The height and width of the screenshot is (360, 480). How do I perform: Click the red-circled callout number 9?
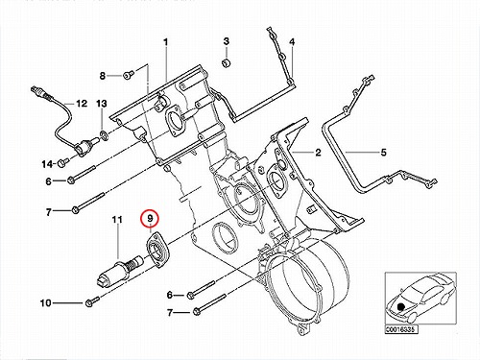[151, 219]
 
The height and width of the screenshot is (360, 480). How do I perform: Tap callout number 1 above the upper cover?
[165, 42]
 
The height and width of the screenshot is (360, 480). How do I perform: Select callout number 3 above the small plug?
[227, 41]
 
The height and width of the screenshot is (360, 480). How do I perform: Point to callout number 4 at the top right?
[292, 42]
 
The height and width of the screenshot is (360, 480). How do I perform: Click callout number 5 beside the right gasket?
[384, 153]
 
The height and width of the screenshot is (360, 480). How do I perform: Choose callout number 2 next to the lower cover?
[318, 153]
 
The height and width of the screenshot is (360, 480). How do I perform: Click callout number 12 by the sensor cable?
[82, 104]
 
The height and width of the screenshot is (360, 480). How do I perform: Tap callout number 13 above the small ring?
[102, 104]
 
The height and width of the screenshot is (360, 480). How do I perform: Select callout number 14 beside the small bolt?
[47, 164]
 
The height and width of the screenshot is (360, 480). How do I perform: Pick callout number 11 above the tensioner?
[117, 220]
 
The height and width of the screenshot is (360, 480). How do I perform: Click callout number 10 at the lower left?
[46, 302]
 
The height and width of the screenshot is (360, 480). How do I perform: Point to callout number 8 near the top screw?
[103, 76]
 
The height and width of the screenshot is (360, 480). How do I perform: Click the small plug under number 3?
[227, 63]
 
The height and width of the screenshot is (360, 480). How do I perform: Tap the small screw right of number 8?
[129, 75]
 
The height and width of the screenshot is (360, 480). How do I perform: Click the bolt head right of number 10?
[89, 302]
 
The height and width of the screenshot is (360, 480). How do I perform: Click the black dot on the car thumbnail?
[400, 306]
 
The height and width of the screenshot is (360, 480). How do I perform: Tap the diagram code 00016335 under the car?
[401, 329]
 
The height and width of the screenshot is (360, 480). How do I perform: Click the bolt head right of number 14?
[62, 162]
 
